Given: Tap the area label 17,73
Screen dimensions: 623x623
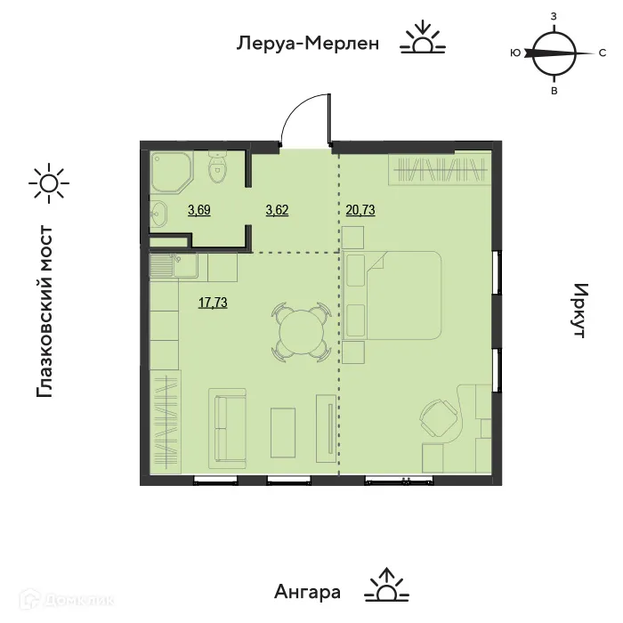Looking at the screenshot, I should tap(214, 303).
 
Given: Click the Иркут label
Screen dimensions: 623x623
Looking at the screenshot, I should tap(580, 311).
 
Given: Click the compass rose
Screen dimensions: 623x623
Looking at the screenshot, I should tap(552, 54).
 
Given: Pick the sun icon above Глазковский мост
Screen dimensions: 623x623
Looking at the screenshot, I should tap(47, 182).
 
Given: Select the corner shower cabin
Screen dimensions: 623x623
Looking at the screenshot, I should tap(169, 169).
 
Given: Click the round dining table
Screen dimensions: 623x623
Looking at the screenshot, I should tap(301, 332).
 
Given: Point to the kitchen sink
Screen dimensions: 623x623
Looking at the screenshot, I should tap(164, 264).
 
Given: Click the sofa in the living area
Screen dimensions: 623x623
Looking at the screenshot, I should tap(230, 427).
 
